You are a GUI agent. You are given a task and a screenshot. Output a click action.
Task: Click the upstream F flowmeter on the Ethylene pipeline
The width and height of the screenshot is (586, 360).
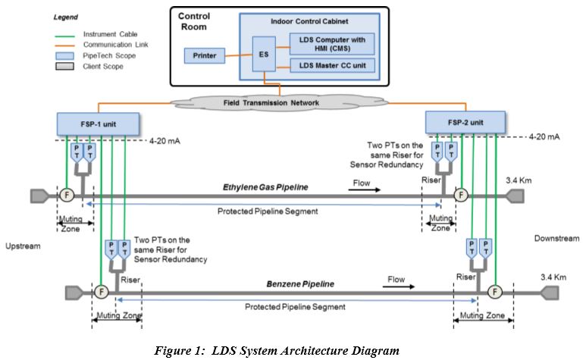tap(67, 195)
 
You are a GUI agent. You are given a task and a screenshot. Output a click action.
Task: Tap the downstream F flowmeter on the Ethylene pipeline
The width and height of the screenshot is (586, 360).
tap(461, 195)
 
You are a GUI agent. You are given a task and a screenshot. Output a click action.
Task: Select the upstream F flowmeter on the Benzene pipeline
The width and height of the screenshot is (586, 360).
tap(100, 291)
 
